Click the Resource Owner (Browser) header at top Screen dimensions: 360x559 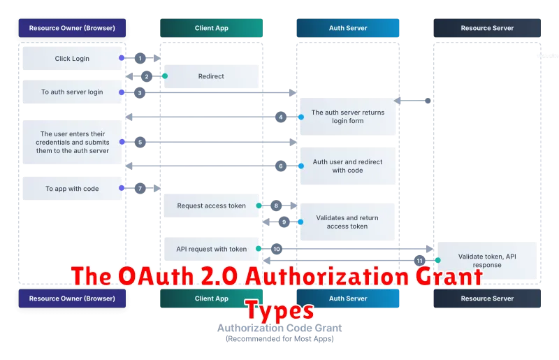tap(72, 28)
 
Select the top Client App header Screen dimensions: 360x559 tap(210, 28)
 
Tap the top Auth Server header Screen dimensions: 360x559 tap(348, 28)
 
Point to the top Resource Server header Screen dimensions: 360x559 tap(486, 28)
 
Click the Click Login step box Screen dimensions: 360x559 tap(72, 59)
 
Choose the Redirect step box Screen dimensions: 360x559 tap(211, 76)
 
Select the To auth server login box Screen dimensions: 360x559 tap(72, 92)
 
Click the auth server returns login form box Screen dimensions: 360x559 tap(347, 117)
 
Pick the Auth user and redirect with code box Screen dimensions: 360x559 tap(347, 166)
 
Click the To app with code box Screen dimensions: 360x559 tap(72, 189)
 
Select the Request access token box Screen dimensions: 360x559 tap(211, 206)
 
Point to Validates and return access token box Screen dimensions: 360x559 tap(347, 222)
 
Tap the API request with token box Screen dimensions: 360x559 tap(211, 249)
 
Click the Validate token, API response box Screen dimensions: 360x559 tap(486, 261)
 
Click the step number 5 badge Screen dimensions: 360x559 tap(140, 142)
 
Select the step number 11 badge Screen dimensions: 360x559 tap(419, 260)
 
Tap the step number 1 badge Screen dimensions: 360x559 tap(140, 59)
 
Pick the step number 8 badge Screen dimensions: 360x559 tap(277, 206)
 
